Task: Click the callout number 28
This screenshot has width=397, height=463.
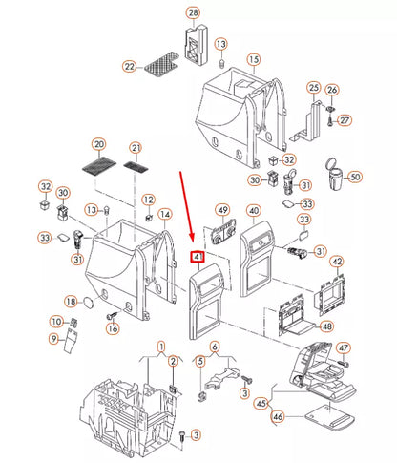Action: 194,12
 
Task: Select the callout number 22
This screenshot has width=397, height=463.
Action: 130,67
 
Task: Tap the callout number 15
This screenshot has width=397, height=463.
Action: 254,59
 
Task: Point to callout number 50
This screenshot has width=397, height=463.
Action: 355,177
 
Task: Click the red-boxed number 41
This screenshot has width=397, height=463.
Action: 198,257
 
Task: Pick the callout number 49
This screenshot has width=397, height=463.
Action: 222,210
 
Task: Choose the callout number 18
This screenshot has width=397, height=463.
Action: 71,301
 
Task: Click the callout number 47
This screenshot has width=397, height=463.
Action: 344,347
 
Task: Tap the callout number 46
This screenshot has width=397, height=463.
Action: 278,416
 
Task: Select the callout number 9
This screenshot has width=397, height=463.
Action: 53,339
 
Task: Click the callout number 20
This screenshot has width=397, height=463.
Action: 99,144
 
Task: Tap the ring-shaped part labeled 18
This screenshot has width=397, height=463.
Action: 89,303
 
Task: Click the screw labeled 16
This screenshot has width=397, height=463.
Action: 112,315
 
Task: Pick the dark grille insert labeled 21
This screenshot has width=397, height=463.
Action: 136,167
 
